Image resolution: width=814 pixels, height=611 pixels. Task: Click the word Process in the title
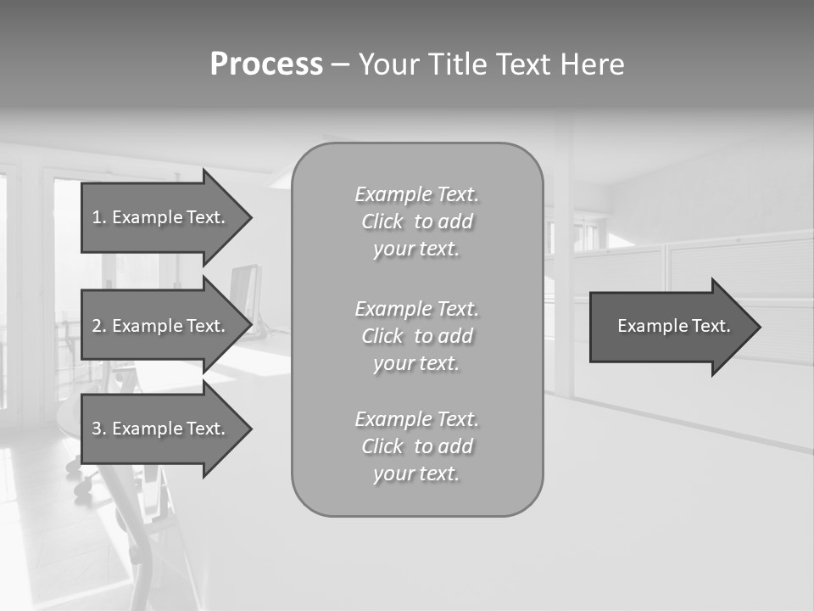click(266, 64)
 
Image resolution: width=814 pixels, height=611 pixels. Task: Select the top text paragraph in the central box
click(416, 221)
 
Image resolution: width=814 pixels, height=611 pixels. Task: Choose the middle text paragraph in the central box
click(416, 336)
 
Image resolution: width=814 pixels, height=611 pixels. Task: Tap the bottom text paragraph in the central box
click(416, 446)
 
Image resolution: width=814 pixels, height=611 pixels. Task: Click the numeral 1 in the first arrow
click(97, 217)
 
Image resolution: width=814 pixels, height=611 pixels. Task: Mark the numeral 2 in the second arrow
click(97, 326)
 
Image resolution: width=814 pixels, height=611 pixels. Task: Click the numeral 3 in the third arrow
click(97, 429)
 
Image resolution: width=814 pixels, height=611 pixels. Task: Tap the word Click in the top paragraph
click(382, 221)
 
